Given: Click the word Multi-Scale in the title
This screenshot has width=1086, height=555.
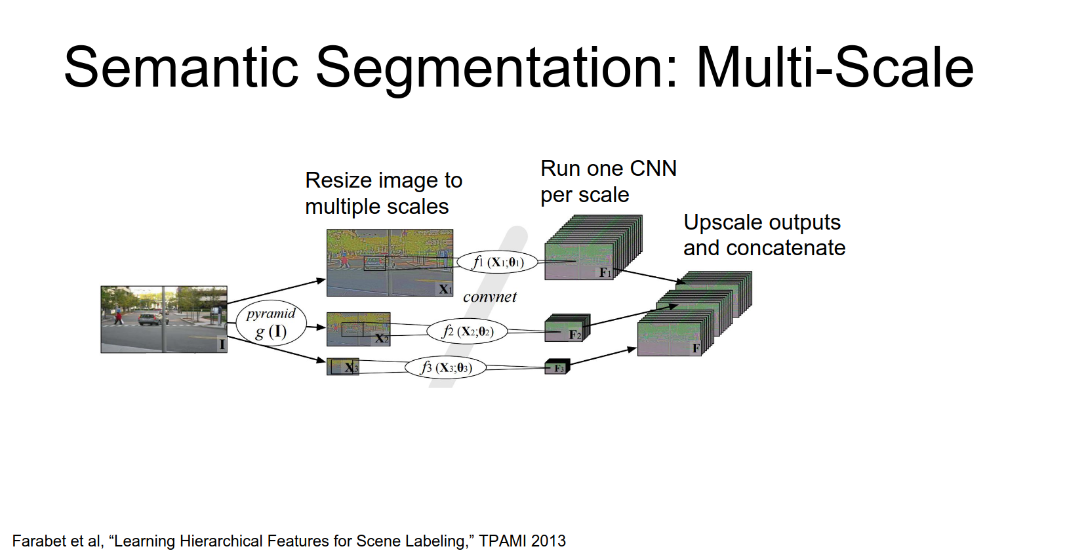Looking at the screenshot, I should coord(834,68).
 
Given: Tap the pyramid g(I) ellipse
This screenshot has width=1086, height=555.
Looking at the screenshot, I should coord(271,323).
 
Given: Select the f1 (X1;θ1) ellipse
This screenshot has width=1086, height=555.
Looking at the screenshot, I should coord(498,262).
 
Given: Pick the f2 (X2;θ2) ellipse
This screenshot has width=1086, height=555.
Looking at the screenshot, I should coord(468,331).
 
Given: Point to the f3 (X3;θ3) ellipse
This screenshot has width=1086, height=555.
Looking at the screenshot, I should coord(446,367).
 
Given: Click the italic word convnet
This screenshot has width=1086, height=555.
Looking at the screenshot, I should coord(489,297).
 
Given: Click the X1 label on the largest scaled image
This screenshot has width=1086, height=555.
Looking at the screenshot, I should coord(445,289).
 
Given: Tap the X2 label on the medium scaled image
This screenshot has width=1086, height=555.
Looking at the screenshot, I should coord(381,339).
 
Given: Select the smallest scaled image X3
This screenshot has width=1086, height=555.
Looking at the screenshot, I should coord(342,367).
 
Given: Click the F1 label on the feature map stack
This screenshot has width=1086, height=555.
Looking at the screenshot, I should coord(605,272).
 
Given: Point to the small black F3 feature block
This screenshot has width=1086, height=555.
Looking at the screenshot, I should coord(557,367).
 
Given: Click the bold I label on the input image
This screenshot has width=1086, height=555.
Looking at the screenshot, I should coord(222,344).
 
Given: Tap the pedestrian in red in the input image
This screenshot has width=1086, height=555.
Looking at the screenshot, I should coord(119,318).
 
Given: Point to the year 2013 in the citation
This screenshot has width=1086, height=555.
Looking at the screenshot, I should coord(548,541).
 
